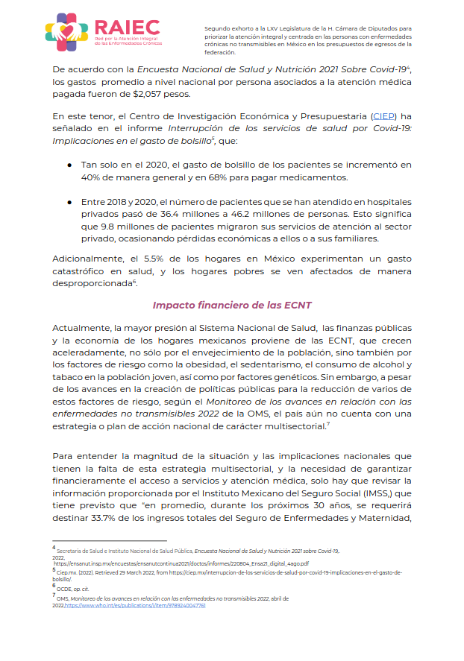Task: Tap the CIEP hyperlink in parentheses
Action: tap(383, 117)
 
